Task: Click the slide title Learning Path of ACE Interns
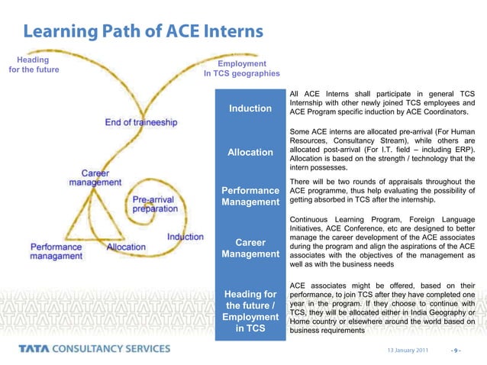point(143,31)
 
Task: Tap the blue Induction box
point(250,108)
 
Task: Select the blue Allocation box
point(250,153)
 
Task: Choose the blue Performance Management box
point(250,196)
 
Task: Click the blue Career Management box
point(250,249)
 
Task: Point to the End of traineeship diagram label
point(141,122)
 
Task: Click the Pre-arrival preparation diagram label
point(156,202)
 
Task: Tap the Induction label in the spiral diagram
point(185,237)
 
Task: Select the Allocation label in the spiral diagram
point(126,247)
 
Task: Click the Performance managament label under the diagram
point(56,252)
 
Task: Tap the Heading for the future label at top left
point(34,64)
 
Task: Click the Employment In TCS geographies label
point(242,69)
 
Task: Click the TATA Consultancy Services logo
point(95,349)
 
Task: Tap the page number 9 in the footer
point(456,350)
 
